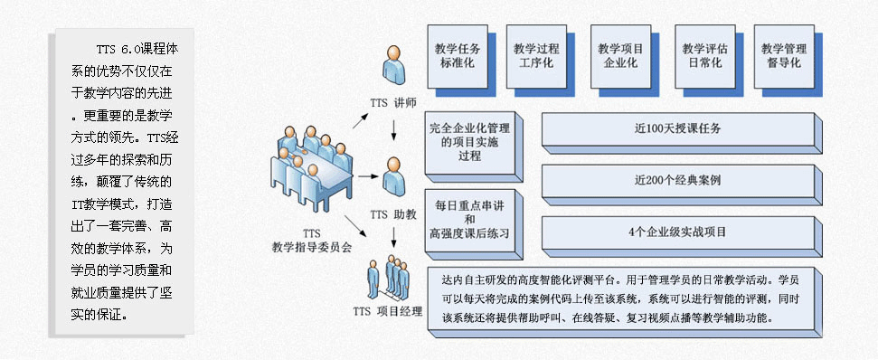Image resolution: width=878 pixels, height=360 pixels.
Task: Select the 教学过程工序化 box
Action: pos(536,55)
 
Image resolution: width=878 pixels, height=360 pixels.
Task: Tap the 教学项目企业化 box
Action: pos(618,55)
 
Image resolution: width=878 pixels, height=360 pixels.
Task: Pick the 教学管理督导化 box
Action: pos(783,55)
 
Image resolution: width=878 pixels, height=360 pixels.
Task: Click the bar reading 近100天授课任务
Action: pos(677,128)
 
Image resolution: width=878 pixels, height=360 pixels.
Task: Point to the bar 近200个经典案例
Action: pos(677,180)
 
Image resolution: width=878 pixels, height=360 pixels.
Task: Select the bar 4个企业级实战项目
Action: pos(677,232)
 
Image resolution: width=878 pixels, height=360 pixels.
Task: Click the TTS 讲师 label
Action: pos(392,102)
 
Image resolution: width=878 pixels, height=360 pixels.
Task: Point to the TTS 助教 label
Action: pos(392,214)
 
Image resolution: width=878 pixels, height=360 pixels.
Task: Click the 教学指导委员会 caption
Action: pos(311,245)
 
